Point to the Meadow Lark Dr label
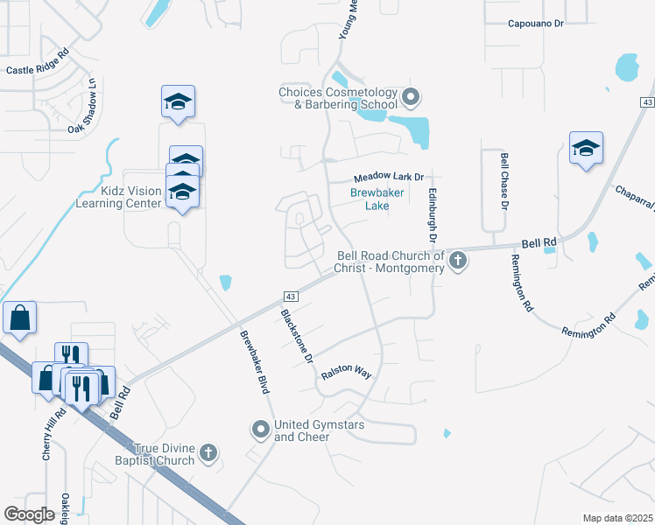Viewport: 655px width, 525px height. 388,177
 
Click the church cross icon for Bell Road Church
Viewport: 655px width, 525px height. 457,260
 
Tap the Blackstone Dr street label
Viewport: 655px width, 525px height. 296,336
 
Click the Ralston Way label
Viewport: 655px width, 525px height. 347,373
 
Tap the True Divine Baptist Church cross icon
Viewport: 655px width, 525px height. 208,452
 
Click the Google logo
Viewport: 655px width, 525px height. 29,514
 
